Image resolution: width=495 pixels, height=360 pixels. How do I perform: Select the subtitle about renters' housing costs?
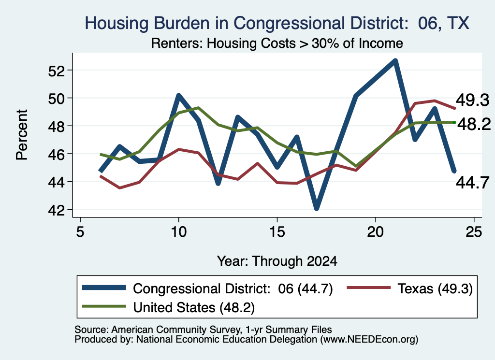click(277, 43)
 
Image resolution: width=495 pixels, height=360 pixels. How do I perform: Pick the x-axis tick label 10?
click(179, 232)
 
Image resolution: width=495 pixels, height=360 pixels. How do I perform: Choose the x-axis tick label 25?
click(474, 232)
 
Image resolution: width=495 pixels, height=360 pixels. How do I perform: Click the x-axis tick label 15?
click(277, 232)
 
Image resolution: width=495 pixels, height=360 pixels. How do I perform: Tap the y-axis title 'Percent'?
click(22, 135)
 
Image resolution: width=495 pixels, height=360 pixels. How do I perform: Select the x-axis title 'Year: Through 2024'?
click(277, 261)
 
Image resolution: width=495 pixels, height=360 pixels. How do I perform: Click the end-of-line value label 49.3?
click(473, 101)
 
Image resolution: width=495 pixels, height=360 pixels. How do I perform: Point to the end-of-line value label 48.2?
click(474, 124)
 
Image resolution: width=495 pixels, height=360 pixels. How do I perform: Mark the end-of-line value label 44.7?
click(473, 182)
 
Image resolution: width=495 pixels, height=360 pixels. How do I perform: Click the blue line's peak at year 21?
click(395, 60)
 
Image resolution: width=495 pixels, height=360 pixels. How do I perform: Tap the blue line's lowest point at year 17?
click(317, 208)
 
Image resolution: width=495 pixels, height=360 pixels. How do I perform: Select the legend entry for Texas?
click(410, 288)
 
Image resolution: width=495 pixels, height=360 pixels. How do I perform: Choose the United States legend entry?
click(168, 307)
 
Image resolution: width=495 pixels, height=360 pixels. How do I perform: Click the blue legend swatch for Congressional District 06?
click(104, 288)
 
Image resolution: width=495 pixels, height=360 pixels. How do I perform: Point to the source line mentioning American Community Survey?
click(203, 330)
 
